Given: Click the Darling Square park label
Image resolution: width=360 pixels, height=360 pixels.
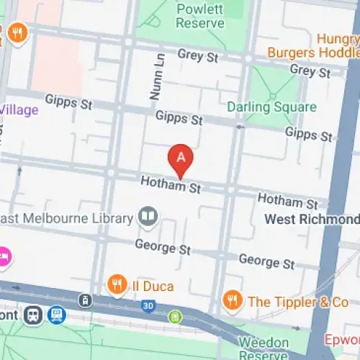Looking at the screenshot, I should [271, 107].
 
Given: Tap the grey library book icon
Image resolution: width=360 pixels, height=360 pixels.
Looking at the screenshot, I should [148, 217].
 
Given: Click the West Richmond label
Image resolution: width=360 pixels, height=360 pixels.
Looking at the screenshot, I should [311, 219].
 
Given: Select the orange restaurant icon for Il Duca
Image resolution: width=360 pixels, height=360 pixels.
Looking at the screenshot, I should [117, 284].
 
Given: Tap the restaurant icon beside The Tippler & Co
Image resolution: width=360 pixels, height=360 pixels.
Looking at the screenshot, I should [232, 301].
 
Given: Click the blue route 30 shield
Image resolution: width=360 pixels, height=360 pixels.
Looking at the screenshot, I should [147, 305].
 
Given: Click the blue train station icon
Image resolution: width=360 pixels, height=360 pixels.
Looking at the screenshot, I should [56, 315].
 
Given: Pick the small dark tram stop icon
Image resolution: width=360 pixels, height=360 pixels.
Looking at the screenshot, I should [85, 300].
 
